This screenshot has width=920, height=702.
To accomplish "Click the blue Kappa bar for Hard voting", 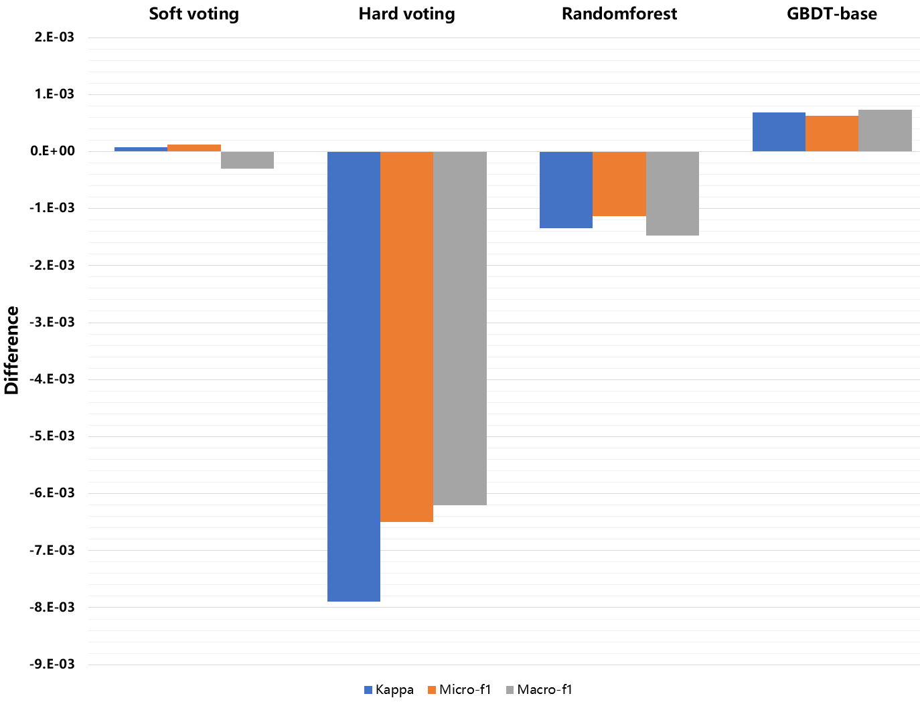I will (354, 376).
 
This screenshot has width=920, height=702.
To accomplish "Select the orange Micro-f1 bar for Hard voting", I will (406, 337).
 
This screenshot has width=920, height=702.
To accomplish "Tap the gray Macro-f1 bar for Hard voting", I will (460, 328).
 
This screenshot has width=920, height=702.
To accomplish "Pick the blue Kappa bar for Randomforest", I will (566, 190).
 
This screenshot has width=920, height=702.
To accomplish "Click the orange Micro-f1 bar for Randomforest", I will (619, 184).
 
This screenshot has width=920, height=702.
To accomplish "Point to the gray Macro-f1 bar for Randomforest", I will (672, 193).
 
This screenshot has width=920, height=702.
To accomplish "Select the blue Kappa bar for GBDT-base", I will (779, 132).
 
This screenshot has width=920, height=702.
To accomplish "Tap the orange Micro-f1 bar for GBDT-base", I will (832, 134).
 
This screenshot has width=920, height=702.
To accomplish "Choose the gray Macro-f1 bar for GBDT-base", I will (885, 130).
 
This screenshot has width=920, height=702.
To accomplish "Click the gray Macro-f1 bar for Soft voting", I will (247, 160).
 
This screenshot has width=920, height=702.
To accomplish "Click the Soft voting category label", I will (194, 14).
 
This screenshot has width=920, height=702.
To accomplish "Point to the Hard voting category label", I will (406, 14).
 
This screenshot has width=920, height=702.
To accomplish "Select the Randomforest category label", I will (619, 14).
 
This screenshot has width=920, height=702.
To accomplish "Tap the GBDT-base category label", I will (832, 14).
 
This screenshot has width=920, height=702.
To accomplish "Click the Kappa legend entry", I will (389, 690).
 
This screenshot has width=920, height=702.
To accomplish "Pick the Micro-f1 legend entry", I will (459, 690).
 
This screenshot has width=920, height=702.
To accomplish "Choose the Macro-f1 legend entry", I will (539, 690).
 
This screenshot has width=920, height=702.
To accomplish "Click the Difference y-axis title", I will (11, 351).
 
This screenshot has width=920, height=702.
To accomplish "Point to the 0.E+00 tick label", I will (52, 151).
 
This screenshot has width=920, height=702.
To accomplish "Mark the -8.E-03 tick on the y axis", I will (52, 608).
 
